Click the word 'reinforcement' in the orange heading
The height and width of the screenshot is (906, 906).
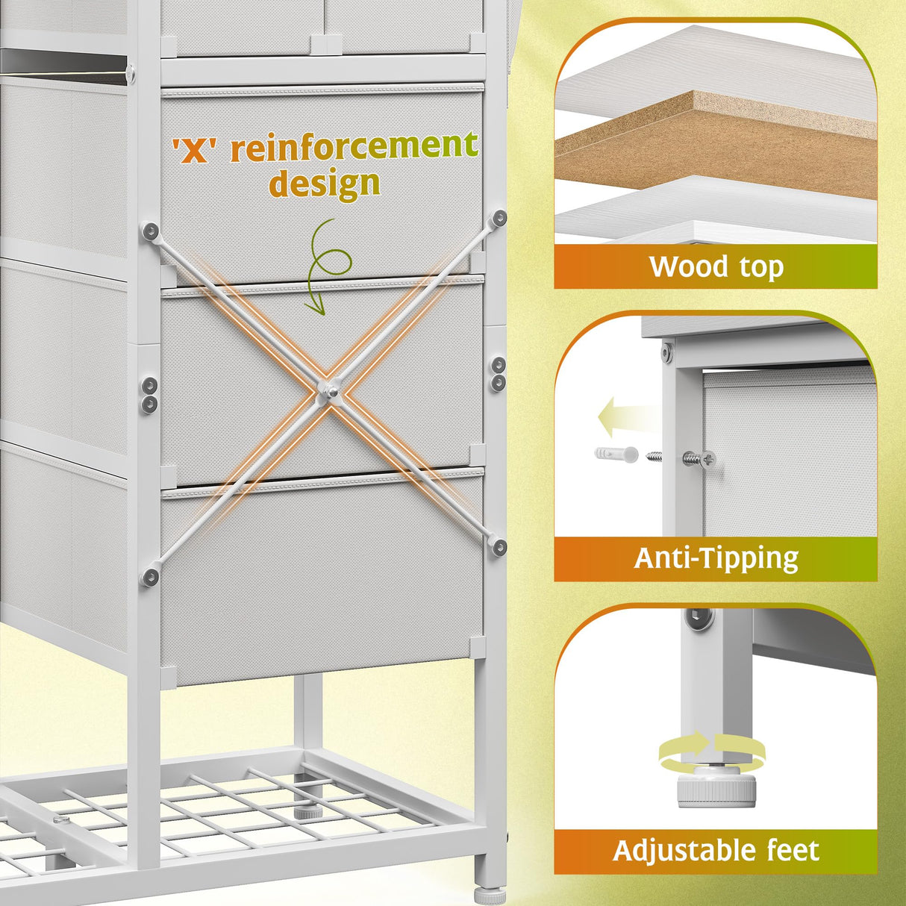pyautogui.click(x=354, y=146)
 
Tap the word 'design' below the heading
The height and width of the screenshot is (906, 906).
pyautogui.click(x=324, y=183)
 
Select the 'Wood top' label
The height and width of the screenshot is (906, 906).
pyautogui.click(x=716, y=266)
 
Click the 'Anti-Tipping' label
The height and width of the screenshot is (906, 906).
pyautogui.click(x=716, y=558)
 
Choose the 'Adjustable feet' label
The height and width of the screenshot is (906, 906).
pyautogui.click(x=716, y=851)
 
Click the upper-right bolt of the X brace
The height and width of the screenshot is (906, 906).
pyautogui.click(x=499, y=218)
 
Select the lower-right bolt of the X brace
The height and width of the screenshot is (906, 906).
pyautogui.click(x=498, y=544)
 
